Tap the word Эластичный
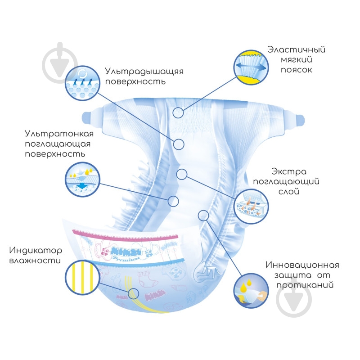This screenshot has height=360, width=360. [x=296, y=49]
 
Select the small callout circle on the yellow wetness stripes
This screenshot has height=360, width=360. [x=133, y=294]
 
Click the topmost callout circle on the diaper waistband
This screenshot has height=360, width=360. [x=179, y=112]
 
